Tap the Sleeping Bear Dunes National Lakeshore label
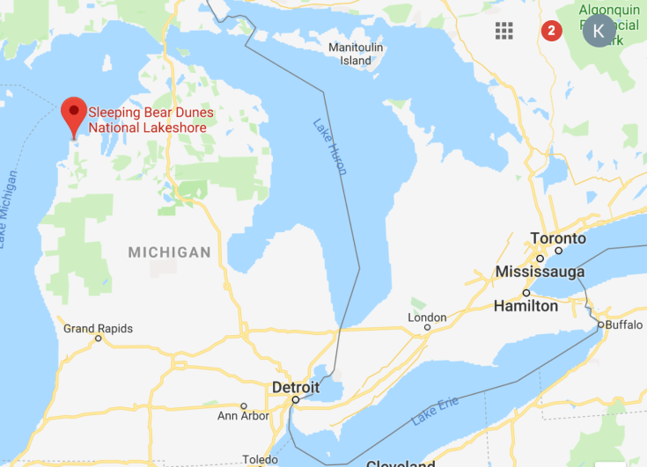pos(150,120)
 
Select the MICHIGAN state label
pos(170,252)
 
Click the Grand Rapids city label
pos(98,329)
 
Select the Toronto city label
pos(558,238)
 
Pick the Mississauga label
pos(540,271)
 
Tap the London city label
pos(428,317)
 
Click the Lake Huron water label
pos(330,146)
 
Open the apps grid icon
pos(504,31)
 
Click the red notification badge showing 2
pos(551,31)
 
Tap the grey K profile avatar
pos(599,31)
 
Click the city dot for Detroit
pos(296,400)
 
